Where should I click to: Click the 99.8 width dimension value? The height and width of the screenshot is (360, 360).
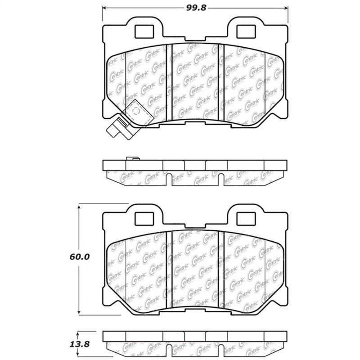[195, 8]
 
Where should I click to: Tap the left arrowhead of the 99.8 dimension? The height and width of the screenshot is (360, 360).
[105, 8]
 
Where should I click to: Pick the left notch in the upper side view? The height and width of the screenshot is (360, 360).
[169, 180]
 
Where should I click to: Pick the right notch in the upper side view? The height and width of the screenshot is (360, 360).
[220, 180]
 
